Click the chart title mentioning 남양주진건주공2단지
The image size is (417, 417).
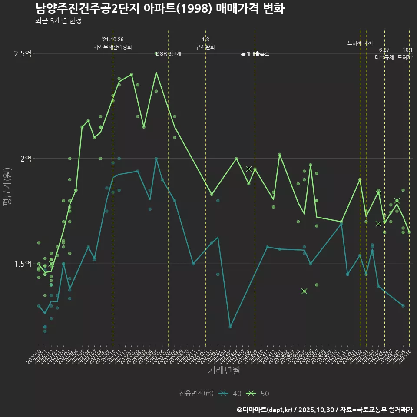click(x=159, y=9)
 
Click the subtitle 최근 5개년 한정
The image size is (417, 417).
click(x=58, y=21)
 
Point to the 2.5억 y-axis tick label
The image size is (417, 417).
click(x=23, y=53)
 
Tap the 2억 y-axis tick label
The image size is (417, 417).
click(x=26, y=159)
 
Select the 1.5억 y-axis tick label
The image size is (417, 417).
click(x=23, y=264)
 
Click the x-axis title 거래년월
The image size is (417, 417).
click(x=224, y=370)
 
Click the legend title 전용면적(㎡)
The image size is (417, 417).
click(x=196, y=394)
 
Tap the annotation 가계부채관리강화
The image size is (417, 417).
click(x=113, y=46)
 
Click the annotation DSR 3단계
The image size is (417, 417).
click(x=169, y=54)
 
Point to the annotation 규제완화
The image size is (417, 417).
click(x=205, y=47)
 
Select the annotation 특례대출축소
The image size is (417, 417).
click(x=255, y=54)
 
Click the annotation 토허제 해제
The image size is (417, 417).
click(x=360, y=43)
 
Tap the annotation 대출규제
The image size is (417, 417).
click(x=384, y=57)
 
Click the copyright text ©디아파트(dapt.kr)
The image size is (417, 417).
click(x=265, y=410)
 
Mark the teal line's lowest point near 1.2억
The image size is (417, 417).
click(x=230, y=327)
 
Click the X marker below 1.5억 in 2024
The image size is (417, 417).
click(x=304, y=291)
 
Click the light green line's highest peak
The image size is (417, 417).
click(x=156, y=72)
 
